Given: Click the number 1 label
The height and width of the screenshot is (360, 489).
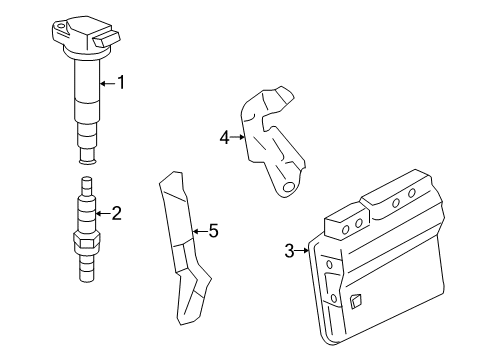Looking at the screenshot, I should [122, 83].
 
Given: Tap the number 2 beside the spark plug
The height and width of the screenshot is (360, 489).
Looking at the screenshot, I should [116, 212].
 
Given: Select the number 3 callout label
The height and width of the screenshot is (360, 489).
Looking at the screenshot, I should [289, 251].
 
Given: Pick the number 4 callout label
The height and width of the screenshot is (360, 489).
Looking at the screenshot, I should [225, 137].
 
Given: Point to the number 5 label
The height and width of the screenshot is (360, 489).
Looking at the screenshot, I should [212, 231].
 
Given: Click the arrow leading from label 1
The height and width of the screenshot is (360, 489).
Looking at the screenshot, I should [107, 83].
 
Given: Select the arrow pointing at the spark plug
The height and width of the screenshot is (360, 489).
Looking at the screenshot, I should [101, 212].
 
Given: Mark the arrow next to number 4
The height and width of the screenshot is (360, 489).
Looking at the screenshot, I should [240, 137].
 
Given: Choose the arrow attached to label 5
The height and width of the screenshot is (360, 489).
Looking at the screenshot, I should [197, 231].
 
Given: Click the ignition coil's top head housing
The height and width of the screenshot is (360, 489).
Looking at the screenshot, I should [79, 36].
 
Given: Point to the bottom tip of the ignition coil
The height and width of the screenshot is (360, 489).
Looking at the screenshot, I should [88, 155].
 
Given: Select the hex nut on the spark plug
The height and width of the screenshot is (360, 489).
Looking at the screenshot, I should [85, 239].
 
